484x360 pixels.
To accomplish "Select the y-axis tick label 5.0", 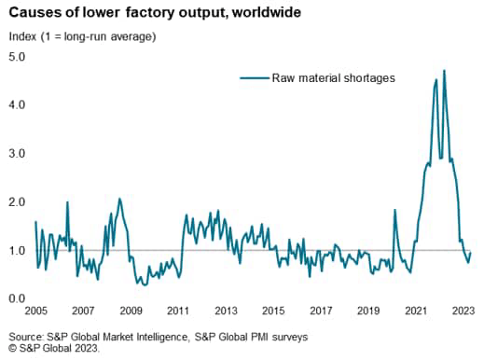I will (x=16, y=57).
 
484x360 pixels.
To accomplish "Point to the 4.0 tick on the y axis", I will (x=16, y=105).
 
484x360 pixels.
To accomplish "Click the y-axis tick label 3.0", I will (x=16, y=153).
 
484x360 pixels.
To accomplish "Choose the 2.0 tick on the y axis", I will (x=16, y=201).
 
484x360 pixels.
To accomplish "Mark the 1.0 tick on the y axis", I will (x=16, y=250).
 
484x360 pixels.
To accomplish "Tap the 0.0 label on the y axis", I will (x=16, y=298).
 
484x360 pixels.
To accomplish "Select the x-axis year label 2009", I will (x=130, y=312).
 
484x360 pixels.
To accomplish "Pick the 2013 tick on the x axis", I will (x=226, y=312).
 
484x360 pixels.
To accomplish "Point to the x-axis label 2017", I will (x=321, y=312).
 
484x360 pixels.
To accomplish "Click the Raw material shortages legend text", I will (x=334, y=78).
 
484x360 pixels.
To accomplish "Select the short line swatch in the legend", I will (x=254, y=78).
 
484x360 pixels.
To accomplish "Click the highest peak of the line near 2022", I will (x=444, y=71).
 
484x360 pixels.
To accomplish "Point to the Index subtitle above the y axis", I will (x=23, y=36).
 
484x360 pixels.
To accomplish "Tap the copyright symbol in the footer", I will (x=10, y=349).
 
